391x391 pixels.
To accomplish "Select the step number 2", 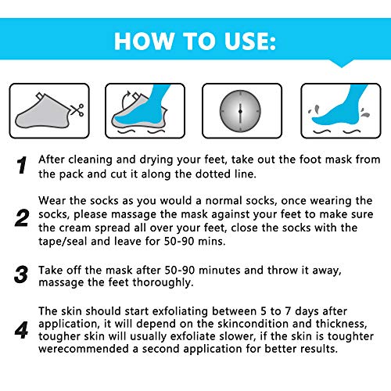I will pyautogui.click(x=22, y=217).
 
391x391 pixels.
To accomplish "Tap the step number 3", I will pyautogui.click(x=22, y=276).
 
